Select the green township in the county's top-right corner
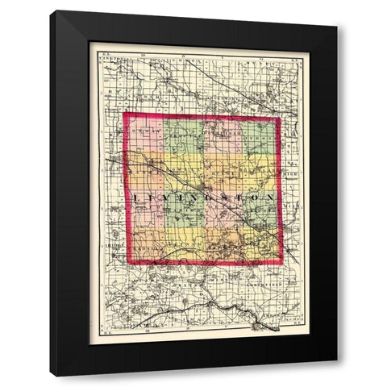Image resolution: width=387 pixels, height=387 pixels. pyautogui.click(x=260, y=137)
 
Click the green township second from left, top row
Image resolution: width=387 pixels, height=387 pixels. pyautogui.click(x=183, y=137)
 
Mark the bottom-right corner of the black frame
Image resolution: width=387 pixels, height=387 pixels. pyautogui.click(x=336, y=377)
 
